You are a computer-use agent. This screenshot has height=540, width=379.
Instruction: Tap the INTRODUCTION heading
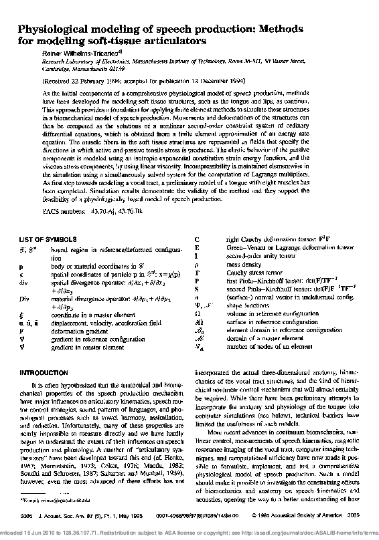(x=43, y=372)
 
